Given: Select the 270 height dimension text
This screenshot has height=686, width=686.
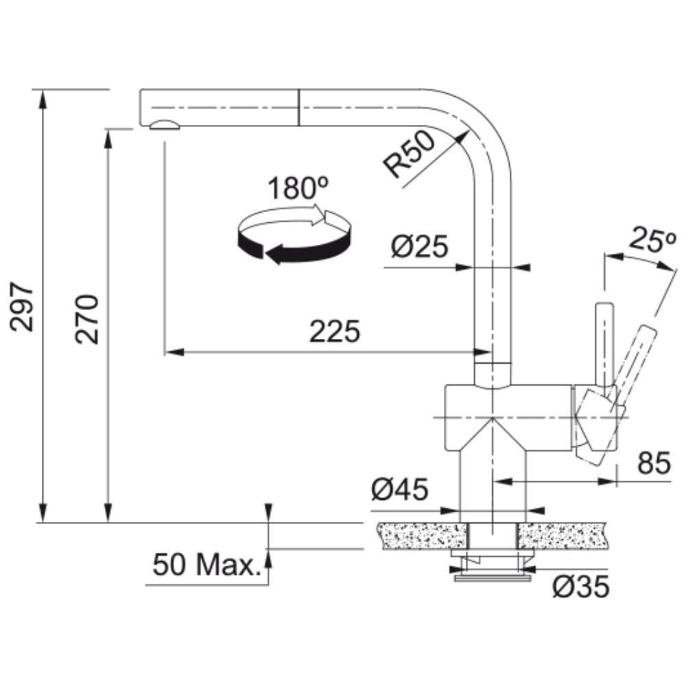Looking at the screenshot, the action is (86, 320).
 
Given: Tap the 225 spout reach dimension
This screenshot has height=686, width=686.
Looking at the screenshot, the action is (335, 331).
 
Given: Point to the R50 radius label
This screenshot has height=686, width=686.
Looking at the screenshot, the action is (410, 155).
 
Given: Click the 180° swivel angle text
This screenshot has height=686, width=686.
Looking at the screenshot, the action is (298, 188).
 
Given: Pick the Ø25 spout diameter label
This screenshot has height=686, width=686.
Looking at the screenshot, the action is (420, 246).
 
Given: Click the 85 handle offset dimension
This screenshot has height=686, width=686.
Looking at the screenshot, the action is (654, 462).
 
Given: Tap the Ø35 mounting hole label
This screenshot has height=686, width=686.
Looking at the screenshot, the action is (580, 587).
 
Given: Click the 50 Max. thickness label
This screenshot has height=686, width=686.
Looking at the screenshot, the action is (206, 565).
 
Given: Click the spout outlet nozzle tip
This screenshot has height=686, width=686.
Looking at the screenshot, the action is (164, 125).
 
